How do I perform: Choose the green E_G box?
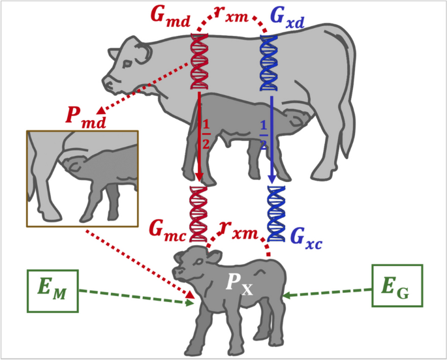[397, 286]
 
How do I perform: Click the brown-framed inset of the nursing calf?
[82, 178]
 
